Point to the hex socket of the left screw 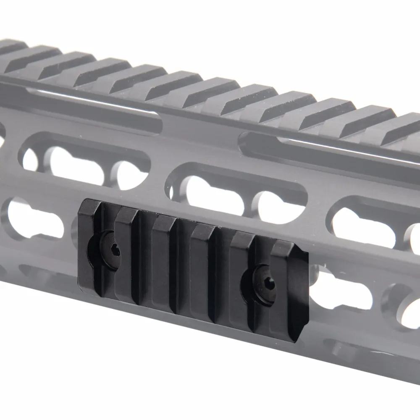[115, 251]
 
